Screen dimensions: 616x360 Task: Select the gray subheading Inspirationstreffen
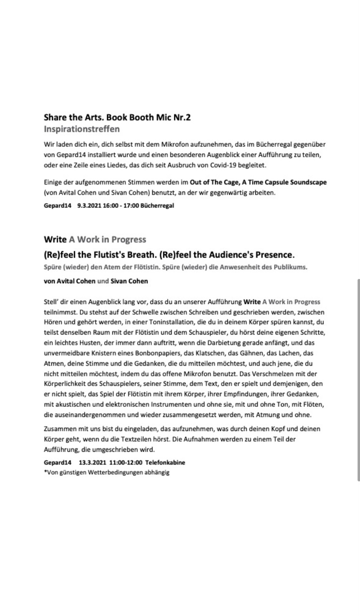[x=81, y=129]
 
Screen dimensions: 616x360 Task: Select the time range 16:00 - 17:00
[x=121, y=205]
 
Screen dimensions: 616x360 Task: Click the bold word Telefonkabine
[x=165, y=462]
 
